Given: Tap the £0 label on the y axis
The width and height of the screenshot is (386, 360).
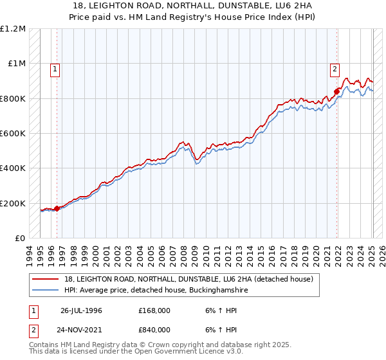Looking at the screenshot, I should [x=19, y=239].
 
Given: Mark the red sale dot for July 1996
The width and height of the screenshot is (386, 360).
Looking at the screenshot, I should [x=57, y=208].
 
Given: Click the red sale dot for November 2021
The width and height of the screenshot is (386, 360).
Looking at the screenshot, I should [x=336, y=91].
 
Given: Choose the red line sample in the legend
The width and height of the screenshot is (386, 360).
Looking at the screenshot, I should [x=46, y=279].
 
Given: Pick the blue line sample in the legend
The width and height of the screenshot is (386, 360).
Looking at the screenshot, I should [x=46, y=291].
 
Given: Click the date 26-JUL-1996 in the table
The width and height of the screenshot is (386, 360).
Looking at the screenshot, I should [x=81, y=310].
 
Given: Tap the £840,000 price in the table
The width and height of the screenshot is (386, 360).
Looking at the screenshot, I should [x=154, y=329].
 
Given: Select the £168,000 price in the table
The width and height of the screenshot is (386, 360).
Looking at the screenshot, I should [x=154, y=310].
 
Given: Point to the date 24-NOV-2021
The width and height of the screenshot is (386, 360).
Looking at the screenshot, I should [x=81, y=329].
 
